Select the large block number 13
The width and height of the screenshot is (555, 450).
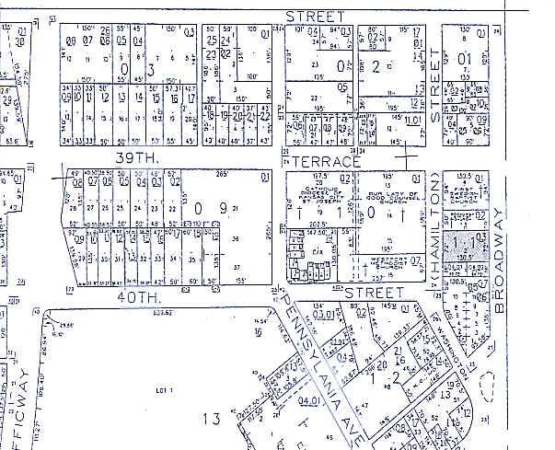213,420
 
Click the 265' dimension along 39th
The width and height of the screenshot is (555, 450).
221,174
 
